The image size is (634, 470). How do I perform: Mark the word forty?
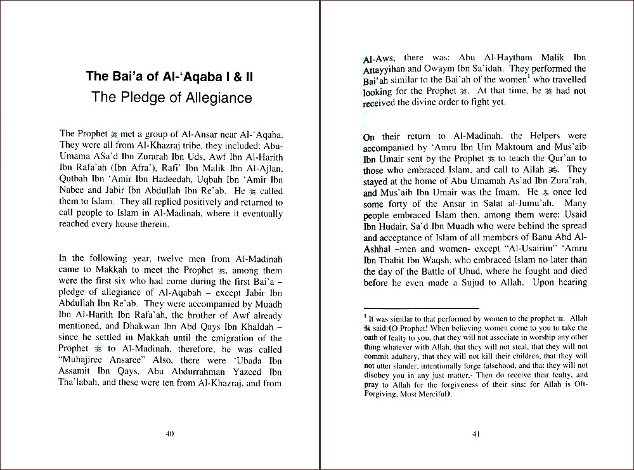pyautogui.click(x=401, y=204)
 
